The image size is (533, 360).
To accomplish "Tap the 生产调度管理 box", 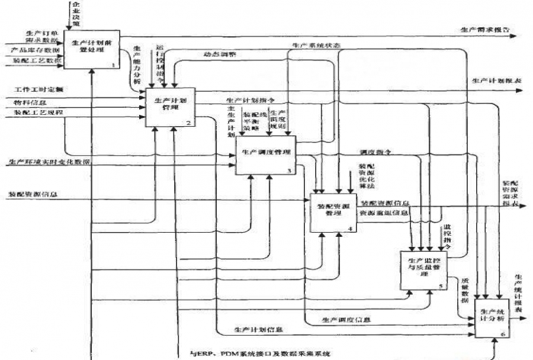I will coord(265,154).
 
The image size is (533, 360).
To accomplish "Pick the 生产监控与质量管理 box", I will coord(423,269).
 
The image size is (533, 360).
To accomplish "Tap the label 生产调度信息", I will coord(346,320).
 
